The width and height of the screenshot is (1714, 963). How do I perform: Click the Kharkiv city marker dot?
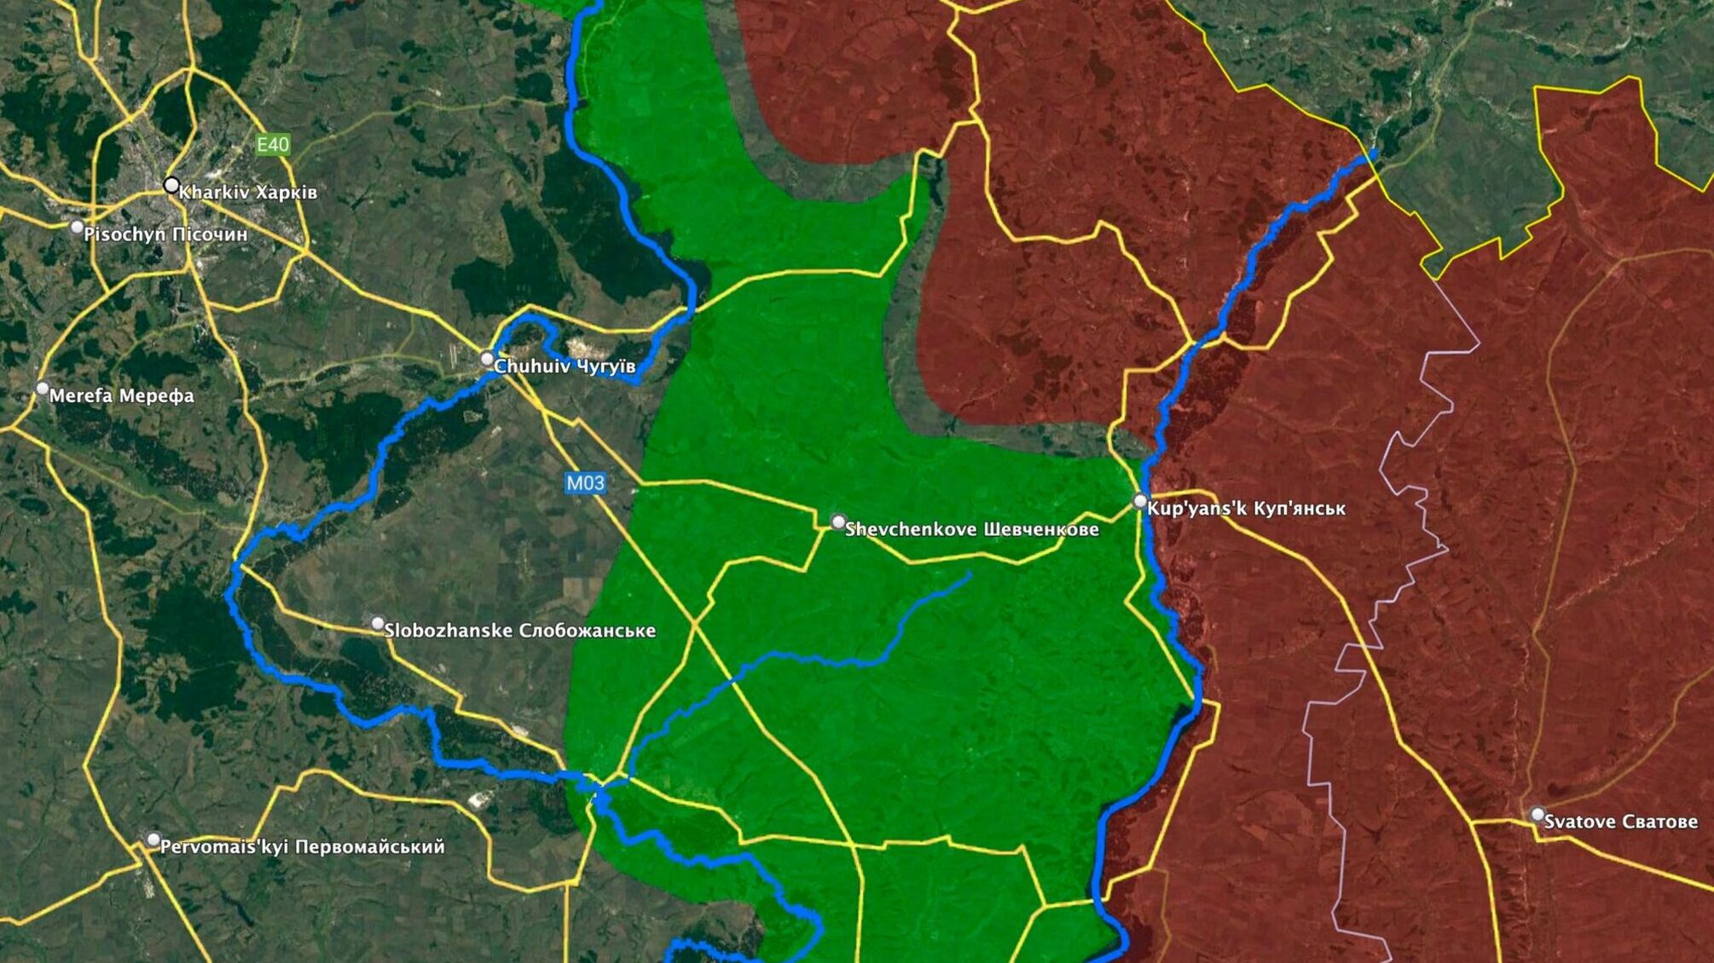[171, 185]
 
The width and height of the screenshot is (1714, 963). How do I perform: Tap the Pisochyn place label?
[165, 234]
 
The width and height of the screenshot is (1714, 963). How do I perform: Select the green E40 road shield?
[273, 145]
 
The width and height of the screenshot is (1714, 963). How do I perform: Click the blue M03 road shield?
[586, 483]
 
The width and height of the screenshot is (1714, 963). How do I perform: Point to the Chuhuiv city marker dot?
[487, 359]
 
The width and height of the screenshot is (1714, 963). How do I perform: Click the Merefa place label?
[122, 396]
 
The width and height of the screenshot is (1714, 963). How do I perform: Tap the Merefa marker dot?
[43, 389]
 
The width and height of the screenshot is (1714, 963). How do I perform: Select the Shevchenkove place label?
[972, 529]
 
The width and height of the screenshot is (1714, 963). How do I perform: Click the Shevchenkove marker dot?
[838, 522]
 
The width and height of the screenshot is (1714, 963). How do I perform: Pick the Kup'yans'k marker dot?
[1140, 501]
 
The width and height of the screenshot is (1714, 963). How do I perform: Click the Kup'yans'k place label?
[1247, 509]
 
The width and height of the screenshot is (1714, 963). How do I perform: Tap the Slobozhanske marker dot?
[378, 624]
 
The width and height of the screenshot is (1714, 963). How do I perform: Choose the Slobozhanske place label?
[520, 631]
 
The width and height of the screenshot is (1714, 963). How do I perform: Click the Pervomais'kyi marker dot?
[153, 840]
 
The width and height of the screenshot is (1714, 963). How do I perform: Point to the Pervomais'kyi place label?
[303, 847]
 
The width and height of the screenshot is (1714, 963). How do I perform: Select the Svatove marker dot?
[1537, 815]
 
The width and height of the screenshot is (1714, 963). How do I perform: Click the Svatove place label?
[1621, 822]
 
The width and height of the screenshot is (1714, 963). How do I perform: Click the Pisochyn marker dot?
[77, 228]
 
